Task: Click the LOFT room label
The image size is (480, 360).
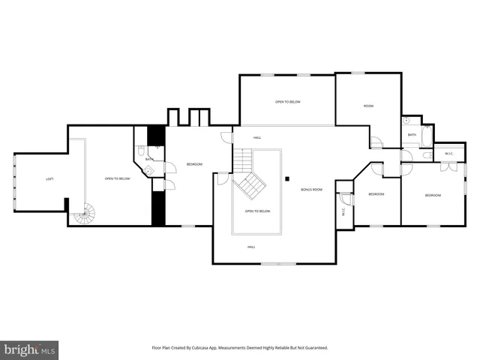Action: click(49, 178)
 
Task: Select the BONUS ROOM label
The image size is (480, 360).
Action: click(311, 190)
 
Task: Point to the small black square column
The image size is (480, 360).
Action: click(287, 178)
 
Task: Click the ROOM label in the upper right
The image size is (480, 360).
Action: click(368, 106)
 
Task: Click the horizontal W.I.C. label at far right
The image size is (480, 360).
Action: click(448, 154)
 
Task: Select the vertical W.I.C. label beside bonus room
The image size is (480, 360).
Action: click(343, 211)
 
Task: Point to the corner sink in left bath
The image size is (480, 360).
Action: click(148, 170)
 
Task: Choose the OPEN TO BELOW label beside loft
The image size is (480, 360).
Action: click(117, 178)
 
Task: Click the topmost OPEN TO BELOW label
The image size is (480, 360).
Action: click(287, 101)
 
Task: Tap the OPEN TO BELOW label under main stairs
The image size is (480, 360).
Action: click(257, 211)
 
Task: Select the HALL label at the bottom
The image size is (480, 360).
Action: click(251, 246)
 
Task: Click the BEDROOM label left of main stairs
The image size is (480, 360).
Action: click(194, 163)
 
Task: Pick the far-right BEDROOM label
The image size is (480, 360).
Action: click(433, 195)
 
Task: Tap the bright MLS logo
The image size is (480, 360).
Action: click(30, 349)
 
